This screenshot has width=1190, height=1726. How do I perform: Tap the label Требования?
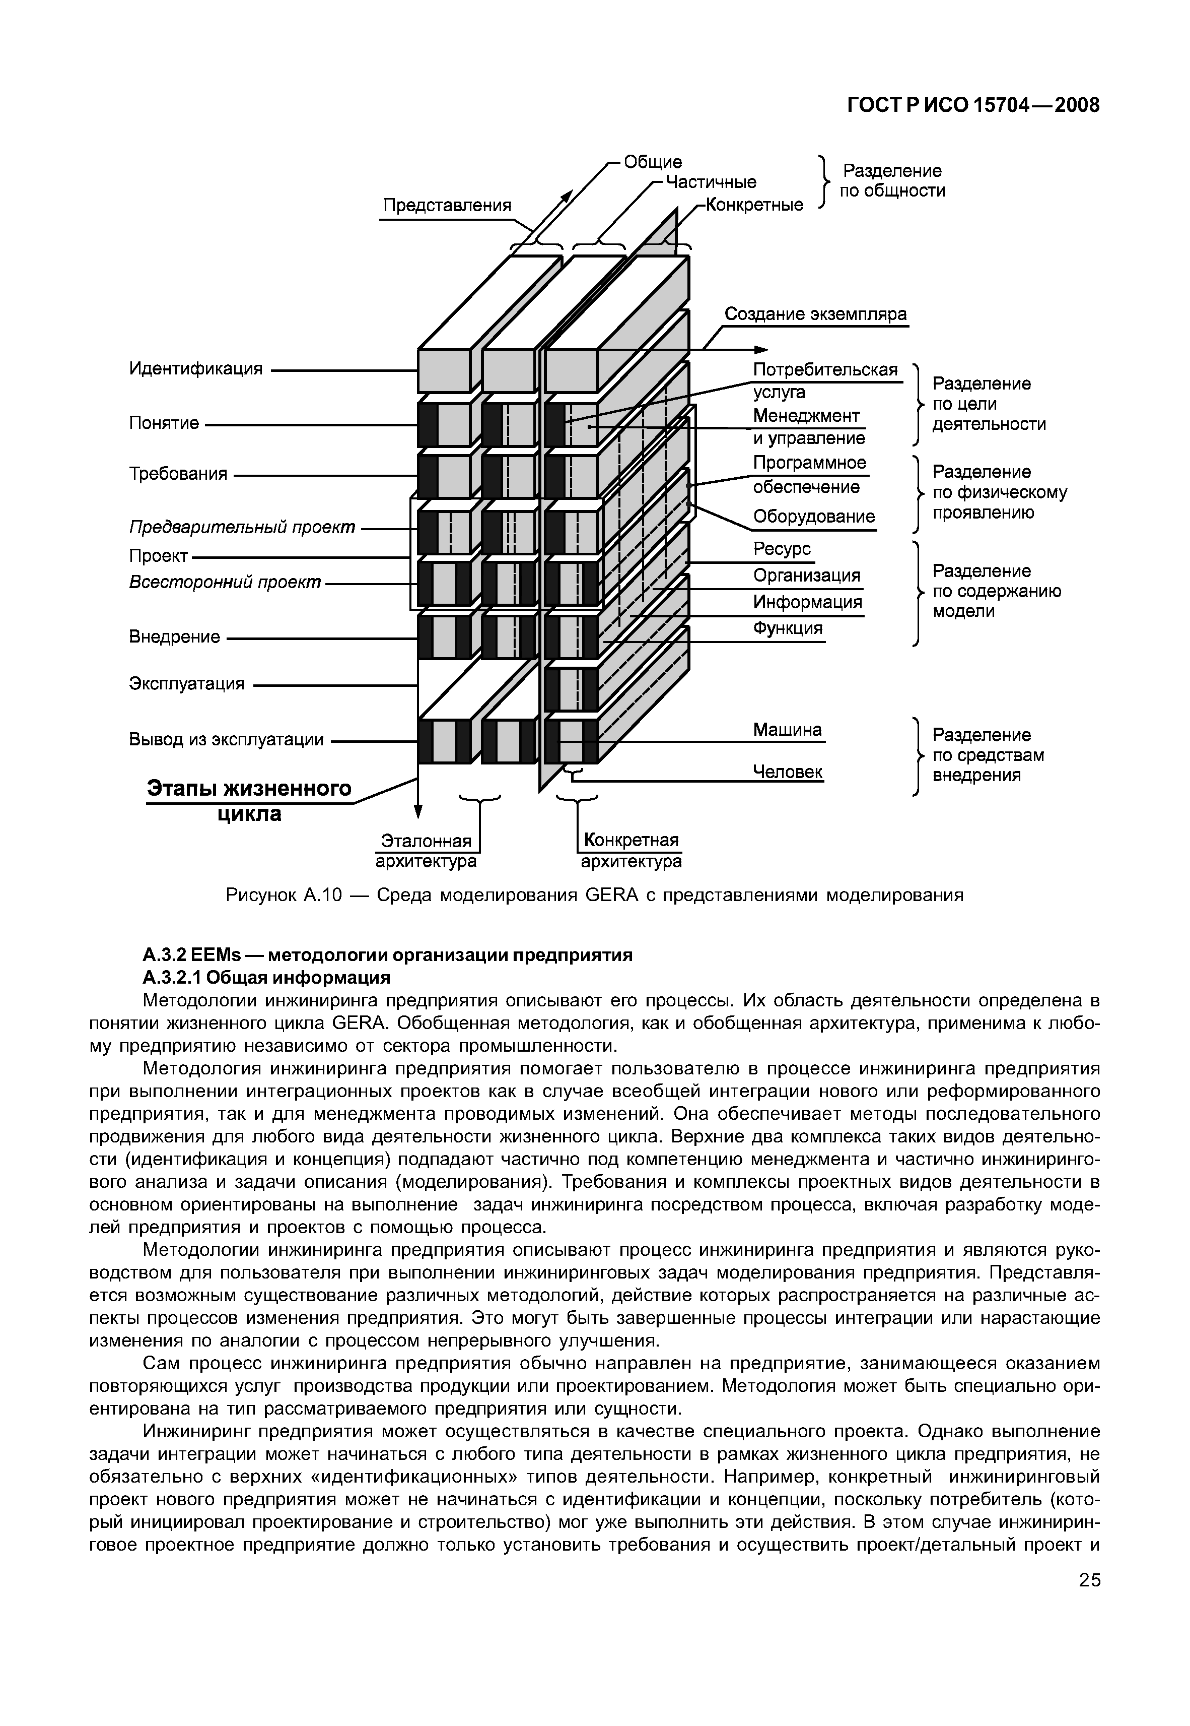pos(178,474)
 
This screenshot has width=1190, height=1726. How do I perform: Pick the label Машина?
pos(787,730)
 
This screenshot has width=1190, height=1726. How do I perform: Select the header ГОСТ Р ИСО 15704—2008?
pos(974,106)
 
